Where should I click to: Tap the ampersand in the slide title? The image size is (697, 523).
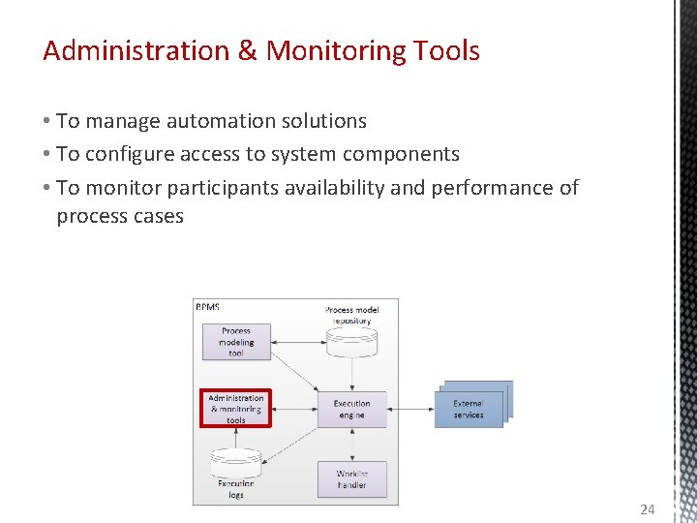pyautogui.click(x=248, y=50)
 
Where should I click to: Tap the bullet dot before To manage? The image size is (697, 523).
pyautogui.click(x=46, y=121)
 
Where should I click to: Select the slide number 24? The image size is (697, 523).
pyautogui.click(x=648, y=509)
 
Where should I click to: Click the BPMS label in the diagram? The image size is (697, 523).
pyautogui.click(x=208, y=307)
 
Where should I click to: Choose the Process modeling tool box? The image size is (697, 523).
pyautogui.click(x=236, y=342)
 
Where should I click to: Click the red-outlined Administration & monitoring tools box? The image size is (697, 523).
pyautogui.click(x=236, y=409)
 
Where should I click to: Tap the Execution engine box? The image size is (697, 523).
pyautogui.click(x=351, y=409)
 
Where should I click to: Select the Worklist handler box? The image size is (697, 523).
pyautogui.click(x=351, y=479)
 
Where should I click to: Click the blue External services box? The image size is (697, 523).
pyautogui.click(x=470, y=408)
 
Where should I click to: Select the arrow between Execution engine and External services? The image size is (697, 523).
pyautogui.click(x=410, y=409)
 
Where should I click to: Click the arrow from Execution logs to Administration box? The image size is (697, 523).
pyautogui.click(x=236, y=437)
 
